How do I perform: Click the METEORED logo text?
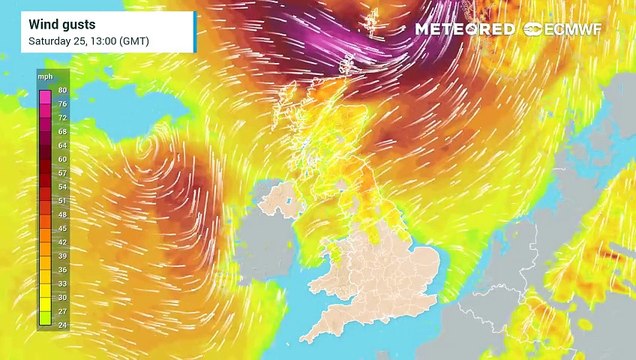(x=466, y=29)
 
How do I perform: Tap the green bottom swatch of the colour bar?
(x=46, y=319)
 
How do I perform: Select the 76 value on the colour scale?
(x=61, y=102)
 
